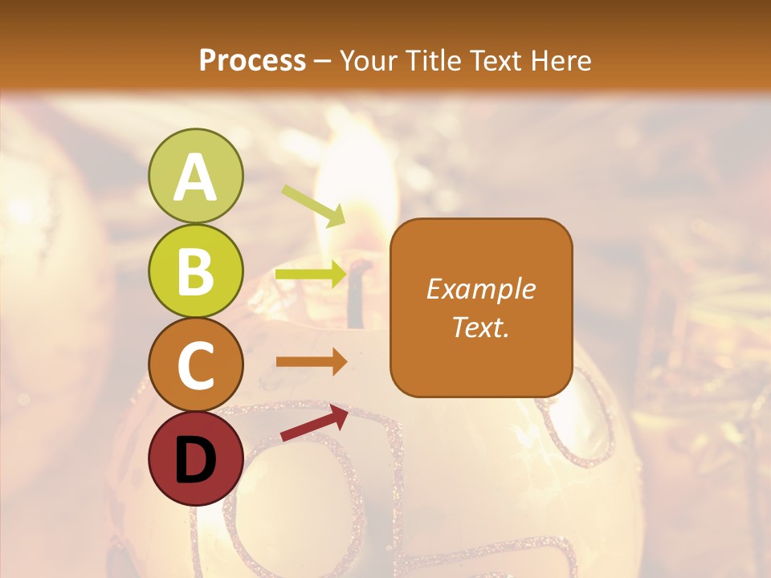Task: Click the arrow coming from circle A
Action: (x=313, y=206)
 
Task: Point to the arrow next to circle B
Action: (x=310, y=275)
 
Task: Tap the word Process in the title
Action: (x=252, y=61)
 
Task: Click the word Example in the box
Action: (x=481, y=289)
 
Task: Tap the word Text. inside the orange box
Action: (x=481, y=326)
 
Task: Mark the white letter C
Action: (x=195, y=365)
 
